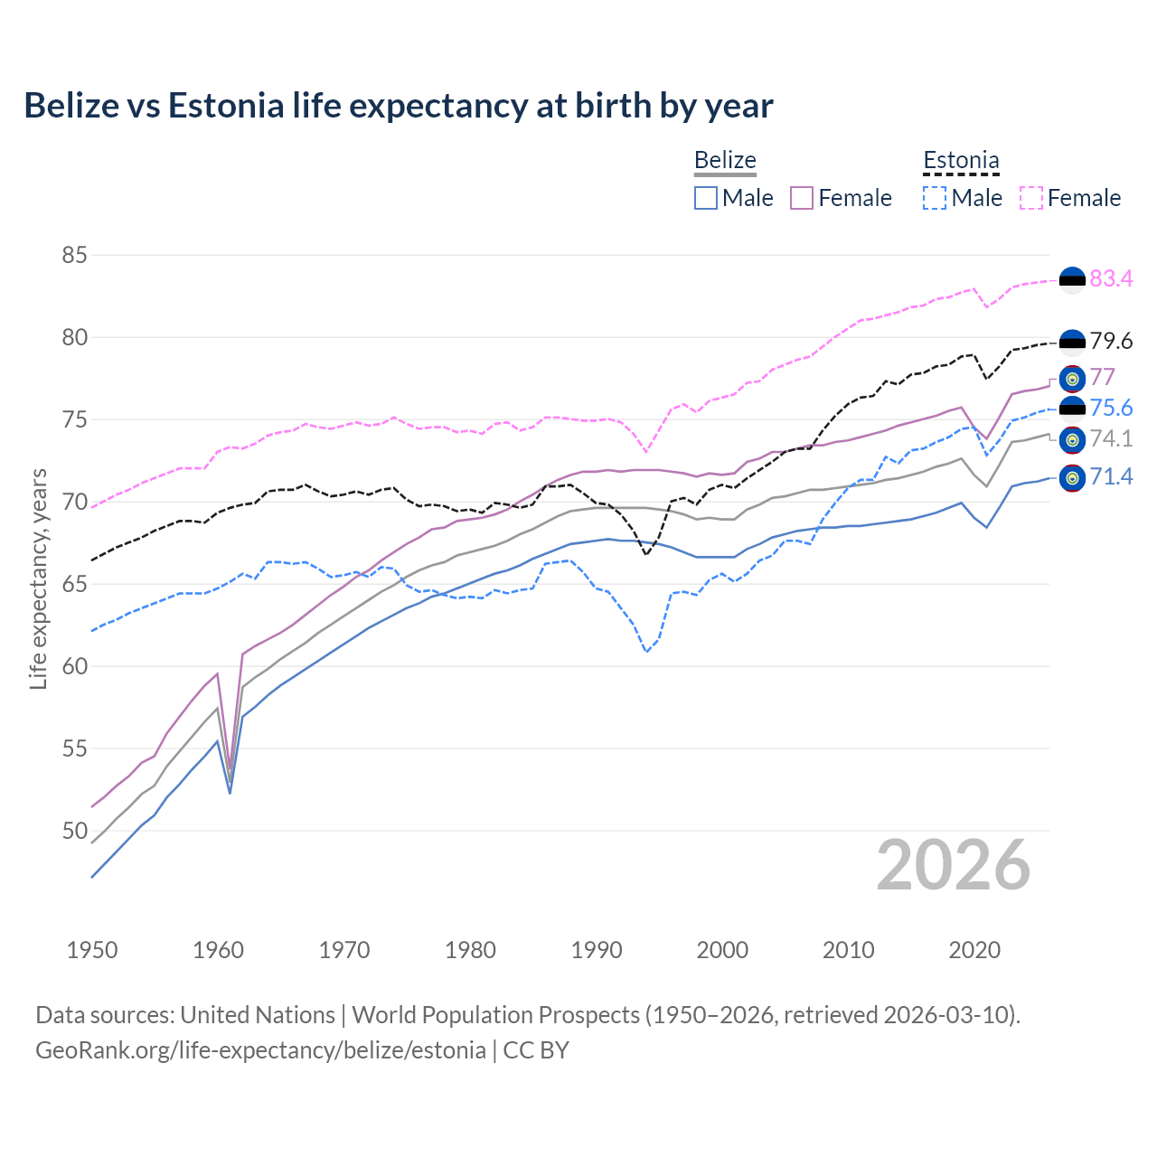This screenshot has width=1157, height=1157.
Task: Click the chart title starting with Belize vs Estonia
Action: coord(399,106)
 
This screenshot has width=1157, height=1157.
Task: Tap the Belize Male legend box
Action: coord(706,198)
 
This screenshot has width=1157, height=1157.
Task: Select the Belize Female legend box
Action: coord(802,198)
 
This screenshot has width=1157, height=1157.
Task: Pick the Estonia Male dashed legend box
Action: coord(935,198)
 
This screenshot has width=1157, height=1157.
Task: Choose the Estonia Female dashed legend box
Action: coord(1031,198)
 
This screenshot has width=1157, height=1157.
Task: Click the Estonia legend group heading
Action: coord(961,161)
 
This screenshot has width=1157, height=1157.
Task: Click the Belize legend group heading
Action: coord(725,160)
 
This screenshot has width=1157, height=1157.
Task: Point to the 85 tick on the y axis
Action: coord(74,256)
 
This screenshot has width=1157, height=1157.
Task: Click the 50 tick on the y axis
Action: coord(74,831)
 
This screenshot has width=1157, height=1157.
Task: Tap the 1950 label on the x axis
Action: coord(92,950)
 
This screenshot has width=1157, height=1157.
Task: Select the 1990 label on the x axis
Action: coord(597,950)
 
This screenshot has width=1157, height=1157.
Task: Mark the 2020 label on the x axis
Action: coord(974,950)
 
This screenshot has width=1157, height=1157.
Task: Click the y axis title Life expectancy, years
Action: coord(39,579)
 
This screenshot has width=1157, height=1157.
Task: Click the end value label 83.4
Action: coord(1111,279)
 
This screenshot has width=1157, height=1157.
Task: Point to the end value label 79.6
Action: coord(1111,342)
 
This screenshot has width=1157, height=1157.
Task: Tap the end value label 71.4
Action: coord(1111,477)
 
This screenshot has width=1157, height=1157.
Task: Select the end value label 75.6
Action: coord(1111,409)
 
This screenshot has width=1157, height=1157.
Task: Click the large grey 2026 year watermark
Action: coord(954,865)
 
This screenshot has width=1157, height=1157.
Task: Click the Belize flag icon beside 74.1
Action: coord(1072,440)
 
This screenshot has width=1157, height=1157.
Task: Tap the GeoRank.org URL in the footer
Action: coord(260,1050)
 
